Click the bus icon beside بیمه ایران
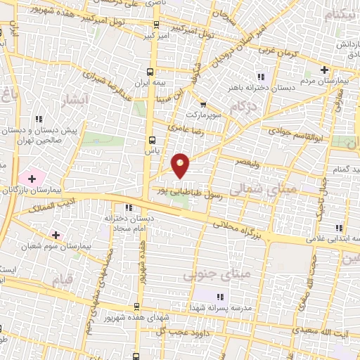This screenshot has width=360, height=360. tap(150, 72)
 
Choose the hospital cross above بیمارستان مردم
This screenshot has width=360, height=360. tap(324, 70)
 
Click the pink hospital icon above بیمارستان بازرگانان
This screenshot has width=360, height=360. tap(31, 179)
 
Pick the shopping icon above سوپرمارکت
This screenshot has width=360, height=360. tap(203, 105)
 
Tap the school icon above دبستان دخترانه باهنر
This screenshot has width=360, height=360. tap(260, 77)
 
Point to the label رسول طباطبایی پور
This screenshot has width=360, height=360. tap(193, 189)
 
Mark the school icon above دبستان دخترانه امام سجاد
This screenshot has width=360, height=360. tap(128, 207)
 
